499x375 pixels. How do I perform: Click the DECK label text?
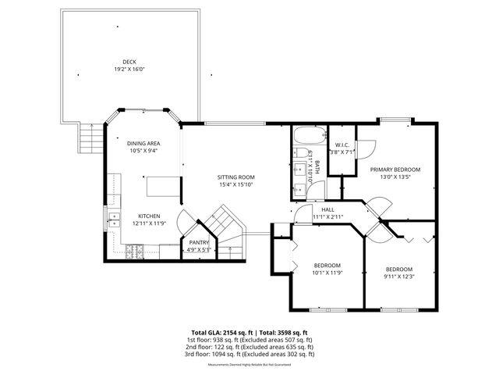tap(129, 62)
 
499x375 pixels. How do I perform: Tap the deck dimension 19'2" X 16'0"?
tap(129, 69)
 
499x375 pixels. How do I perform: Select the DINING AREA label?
tap(143, 144)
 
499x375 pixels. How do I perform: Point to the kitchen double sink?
tap(114, 220)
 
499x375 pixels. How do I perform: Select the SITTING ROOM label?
tap(235, 177)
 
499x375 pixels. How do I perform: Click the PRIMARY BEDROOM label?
tap(395, 170)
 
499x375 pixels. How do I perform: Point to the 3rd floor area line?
tap(249, 354)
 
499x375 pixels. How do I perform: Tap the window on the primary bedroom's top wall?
tap(395, 120)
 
